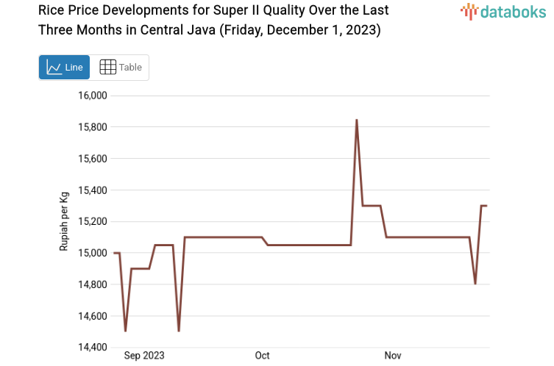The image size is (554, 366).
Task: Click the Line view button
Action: [x=65, y=67]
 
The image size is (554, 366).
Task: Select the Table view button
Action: [x=121, y=67]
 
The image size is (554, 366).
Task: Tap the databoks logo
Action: [x=504, y=11]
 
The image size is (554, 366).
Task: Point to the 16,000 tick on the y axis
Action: [x=93, y=96]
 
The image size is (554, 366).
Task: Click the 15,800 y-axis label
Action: [x=93, y=127]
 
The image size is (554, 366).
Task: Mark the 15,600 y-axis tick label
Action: [x=93, y=159]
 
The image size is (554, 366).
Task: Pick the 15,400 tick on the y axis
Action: [x=93, y=190]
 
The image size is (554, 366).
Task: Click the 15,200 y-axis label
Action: [x=93, y=221]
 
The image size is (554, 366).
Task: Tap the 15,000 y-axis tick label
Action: [x=93, y=253]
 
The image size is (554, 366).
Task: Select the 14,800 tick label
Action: [x=93, y=284]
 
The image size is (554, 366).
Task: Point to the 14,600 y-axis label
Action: [x=93, y=316]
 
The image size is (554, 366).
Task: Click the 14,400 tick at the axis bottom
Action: [x=93, y=347]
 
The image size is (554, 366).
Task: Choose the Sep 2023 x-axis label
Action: [x=144, y=356]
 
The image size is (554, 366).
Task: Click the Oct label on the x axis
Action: [x=263, y=356]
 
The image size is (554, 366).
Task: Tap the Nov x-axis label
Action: [x=393, y=356]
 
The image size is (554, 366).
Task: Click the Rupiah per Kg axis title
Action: [x=64, y=220]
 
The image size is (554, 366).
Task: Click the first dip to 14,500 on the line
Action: [x=125, y=331]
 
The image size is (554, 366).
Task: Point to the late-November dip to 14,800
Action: [x=475, y=284]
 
